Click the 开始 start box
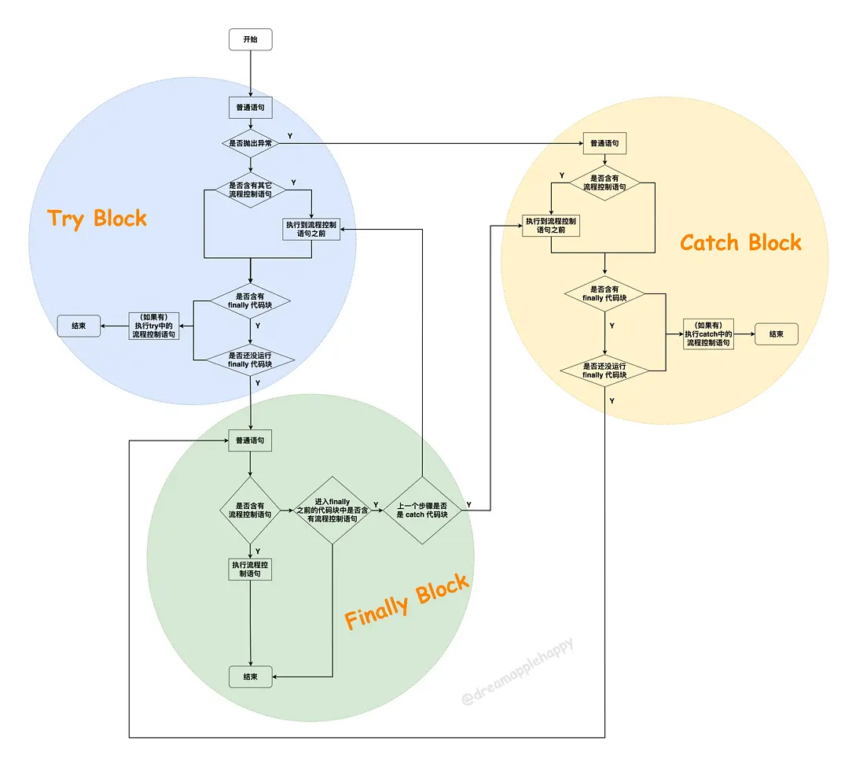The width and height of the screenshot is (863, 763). tap(250, 39)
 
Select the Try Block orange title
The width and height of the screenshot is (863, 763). tap(97, 218)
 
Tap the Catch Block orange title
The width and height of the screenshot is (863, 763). tap(740, 242)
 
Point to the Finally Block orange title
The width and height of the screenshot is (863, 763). tap(406, 602)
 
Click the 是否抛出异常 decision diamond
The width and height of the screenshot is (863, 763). tap(250, 143)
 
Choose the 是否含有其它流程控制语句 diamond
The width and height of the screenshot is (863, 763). tap(250, 190)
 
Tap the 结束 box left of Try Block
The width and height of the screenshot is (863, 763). tap(79, 325)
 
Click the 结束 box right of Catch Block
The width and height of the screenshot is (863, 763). tap(776, 334)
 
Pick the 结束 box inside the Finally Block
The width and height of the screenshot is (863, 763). tap(250, 676)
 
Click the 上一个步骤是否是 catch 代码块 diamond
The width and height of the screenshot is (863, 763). tap(422, 510)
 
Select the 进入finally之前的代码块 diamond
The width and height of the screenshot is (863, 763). tap(332, 510)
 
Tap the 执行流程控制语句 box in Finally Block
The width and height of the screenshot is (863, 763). tap(250, 569)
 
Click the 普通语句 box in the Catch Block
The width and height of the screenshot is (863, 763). tap(604, 143)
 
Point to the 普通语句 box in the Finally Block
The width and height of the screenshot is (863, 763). tap(250, 440)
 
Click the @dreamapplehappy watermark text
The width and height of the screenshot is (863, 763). tap(518, 672)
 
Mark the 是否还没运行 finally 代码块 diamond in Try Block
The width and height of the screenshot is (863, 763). tap(250, 359)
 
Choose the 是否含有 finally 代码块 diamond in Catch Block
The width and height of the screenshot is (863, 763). tap(604, 294)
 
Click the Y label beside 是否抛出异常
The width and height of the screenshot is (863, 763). tap(291, 135)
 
